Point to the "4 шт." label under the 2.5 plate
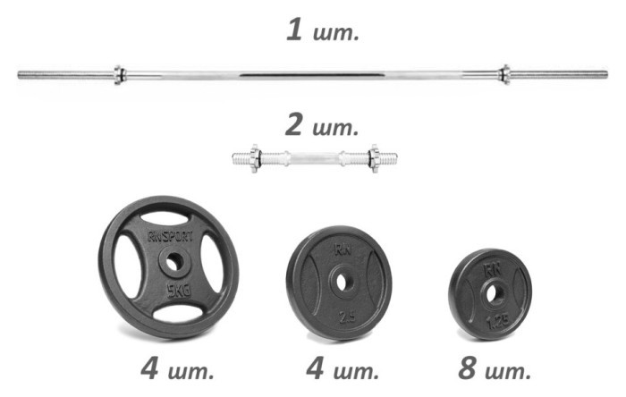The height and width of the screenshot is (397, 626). tap(343, 367)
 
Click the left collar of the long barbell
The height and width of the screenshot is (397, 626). tap(119, 74)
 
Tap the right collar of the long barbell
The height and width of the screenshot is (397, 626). tap(504, 74)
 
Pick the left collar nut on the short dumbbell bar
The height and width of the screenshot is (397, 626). tap(254, 159)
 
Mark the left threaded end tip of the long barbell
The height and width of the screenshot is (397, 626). tap(21, 75)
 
